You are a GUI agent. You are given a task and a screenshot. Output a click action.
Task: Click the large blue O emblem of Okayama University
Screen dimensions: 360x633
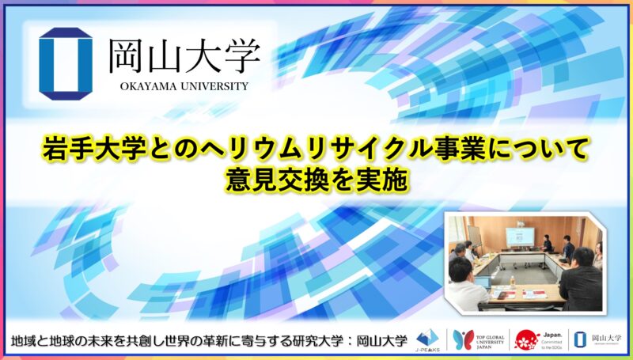coord(66,60)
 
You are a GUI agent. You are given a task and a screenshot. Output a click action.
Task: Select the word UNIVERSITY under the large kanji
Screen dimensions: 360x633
coord(211,85)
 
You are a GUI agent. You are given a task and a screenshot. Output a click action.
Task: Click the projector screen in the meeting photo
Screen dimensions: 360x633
coord(517,234)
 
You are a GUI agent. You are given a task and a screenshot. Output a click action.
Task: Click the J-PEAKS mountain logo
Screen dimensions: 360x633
coord(427,336)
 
